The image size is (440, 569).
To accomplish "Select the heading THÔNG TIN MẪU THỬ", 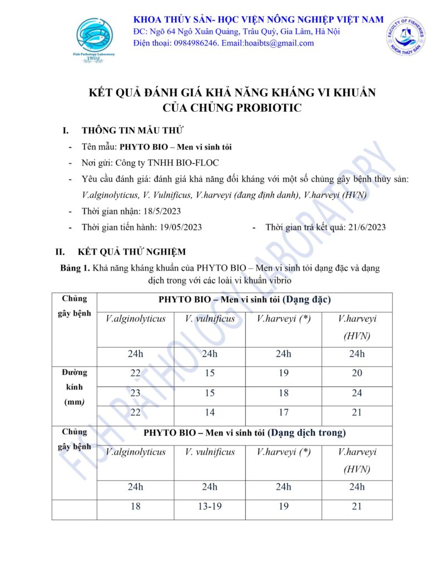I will pyautogui.click(x=132, y=131).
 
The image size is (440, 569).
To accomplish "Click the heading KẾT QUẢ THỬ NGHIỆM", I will pyautogui.click(x=132, y=252).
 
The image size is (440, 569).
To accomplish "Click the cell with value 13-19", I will pyautogui.click(x=209, y=506).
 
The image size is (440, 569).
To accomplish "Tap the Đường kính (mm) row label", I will pyautogui.click(x=74, y=387).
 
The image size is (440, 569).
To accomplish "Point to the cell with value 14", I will pyautogui.click(x=209, y=412).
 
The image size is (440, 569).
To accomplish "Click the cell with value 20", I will pyautogui.click(x=357, y=373).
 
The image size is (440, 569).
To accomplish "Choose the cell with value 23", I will pyautogui.click(x=135, y=393).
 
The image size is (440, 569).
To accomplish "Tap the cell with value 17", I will pyautogui.click(x=284, y=412).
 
